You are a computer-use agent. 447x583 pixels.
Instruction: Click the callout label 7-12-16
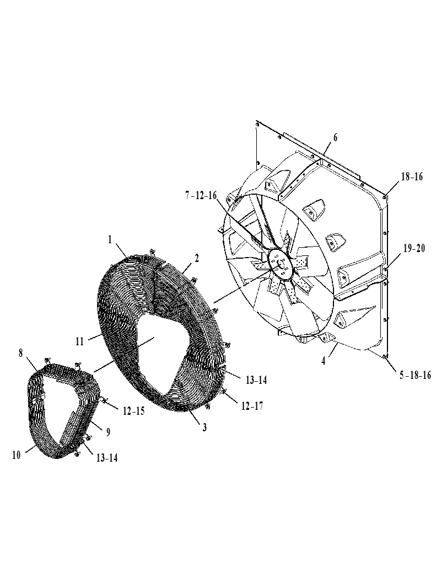(x=201, y=196)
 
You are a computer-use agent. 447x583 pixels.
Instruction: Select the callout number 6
(x=335, y=137)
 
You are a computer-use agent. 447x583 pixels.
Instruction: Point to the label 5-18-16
(x=416, y=375)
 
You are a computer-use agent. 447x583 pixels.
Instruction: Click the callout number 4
(x=324, y=361)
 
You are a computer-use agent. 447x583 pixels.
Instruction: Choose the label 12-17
(x=252, y=406)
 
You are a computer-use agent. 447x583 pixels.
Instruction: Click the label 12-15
(x=134, y=411)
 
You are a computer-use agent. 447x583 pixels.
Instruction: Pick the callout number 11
(x=80, y=341)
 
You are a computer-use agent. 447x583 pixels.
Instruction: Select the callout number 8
(x=21, y=352)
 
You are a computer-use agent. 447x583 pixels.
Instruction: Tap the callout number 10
(x=17, y=454)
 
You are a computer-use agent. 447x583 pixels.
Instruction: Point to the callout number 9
(x=108, y=432)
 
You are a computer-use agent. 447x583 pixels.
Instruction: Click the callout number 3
(x=204, y=427)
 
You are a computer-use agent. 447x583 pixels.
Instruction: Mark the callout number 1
(x=110, y=240)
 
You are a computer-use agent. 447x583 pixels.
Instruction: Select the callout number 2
(x=197, y=258)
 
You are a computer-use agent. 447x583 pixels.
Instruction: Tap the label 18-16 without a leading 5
(x=412, y=176)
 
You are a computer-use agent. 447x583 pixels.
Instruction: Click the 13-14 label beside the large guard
(x=256, y=380)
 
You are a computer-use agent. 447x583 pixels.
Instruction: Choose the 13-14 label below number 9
(x=107, y=458)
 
